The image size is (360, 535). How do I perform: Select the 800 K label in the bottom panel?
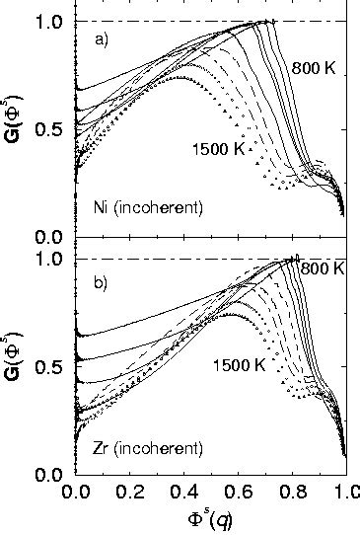322,268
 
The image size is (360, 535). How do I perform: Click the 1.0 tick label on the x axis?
342,494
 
